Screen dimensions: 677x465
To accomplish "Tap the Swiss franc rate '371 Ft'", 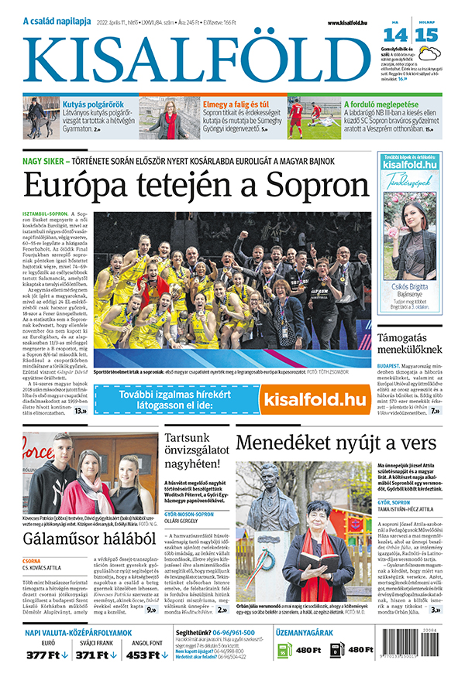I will coord(93,656).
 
